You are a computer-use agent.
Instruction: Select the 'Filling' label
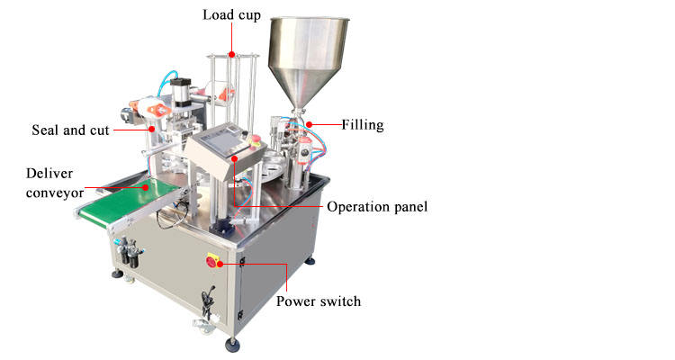click(x=363, y=125)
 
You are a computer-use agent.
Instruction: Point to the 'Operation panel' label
click(x=377, y=207)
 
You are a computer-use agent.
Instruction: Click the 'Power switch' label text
click(x=319, y=301)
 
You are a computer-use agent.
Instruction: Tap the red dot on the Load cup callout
click(x=231, y=55)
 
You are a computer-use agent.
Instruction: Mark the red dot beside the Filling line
click(x=309, y=124)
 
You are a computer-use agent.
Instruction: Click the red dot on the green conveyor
click(x=149, y=186)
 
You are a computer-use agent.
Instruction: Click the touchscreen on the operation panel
click(x=220, y=140)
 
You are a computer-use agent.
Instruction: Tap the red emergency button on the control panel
click(x=256, y=142)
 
